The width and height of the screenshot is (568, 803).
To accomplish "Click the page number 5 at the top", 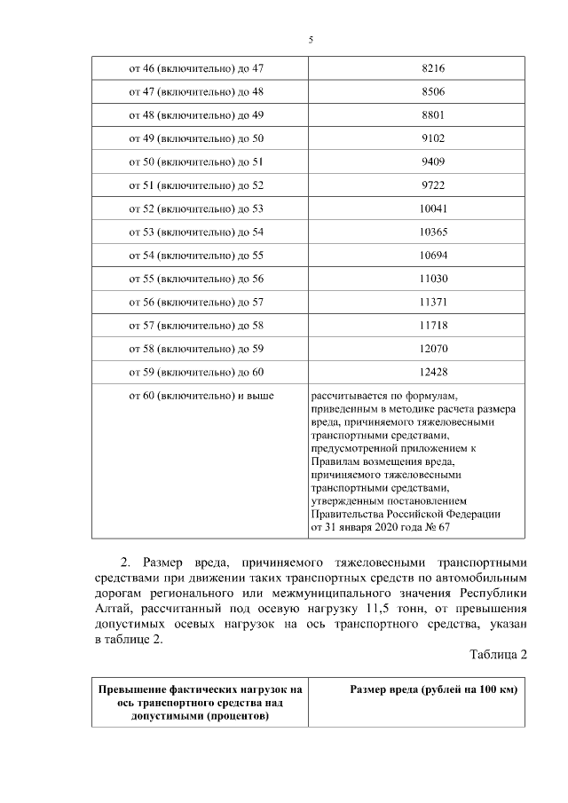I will pos(311,40).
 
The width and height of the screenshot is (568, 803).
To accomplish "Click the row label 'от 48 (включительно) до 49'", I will pos(196,115).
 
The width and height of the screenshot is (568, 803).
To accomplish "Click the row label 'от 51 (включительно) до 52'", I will pos(196,185).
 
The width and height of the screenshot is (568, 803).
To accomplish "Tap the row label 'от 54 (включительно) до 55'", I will pos(196,256).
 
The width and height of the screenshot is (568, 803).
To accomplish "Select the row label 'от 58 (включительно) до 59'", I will pos(196,350).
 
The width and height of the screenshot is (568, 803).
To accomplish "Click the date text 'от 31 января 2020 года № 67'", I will pos(380,527).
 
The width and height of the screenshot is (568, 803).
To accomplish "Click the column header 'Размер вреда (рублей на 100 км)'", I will pos(433,690).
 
